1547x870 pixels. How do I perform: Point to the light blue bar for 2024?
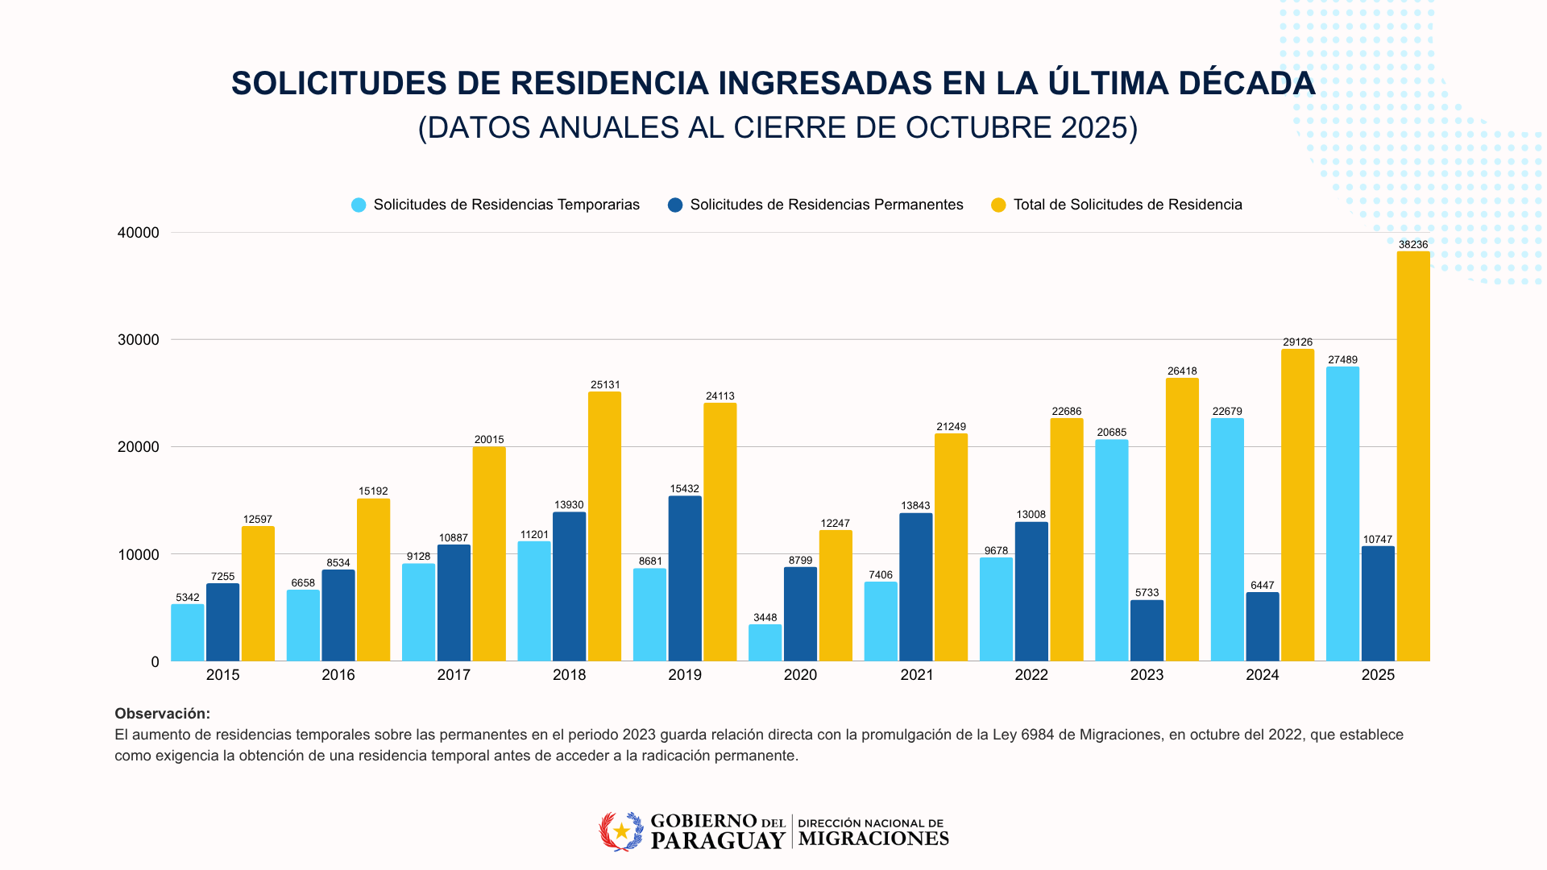[1227, 540]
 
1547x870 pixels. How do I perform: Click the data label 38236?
[1413, 245]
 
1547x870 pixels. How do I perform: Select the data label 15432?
[685, 489]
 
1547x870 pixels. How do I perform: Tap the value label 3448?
[765, 618]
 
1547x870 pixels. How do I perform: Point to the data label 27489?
[1342, 360]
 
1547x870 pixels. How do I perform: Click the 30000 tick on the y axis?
[139, 340]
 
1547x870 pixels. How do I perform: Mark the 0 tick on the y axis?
[156, 662]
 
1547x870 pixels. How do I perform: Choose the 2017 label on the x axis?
[454, 675]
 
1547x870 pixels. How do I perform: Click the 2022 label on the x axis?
[1031, 675]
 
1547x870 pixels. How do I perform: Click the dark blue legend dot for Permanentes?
[675, 205]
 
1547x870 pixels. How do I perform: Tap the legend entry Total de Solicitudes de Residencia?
[1127, 205]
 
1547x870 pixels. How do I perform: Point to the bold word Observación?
[162, 714]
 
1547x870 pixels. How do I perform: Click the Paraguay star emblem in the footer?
[621, 831]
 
